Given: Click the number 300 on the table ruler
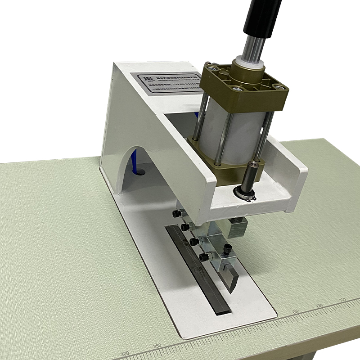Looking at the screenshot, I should pos(125,353).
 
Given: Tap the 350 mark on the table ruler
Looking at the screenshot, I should pos(157,346).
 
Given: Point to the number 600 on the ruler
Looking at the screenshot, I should pos(296,311).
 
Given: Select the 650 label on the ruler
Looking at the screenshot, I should pos(319,306).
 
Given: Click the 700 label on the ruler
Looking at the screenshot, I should pos(342,300).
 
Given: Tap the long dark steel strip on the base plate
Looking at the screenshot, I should pos(198,270).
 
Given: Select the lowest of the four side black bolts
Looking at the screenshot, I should pos(204,257).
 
